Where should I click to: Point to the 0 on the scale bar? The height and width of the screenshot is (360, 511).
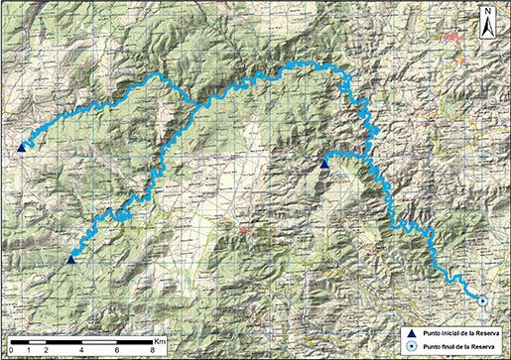click(11, 350)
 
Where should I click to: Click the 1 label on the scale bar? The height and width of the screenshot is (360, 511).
click(30, 350)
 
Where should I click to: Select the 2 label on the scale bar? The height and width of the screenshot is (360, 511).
click(48, 350)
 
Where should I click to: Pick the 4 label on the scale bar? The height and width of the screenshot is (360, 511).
click(83, 350)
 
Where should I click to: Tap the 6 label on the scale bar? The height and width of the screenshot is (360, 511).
click(120, 350)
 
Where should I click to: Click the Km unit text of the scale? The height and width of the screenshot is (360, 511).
click(161, 341)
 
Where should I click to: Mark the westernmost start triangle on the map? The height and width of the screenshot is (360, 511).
click(21, 148)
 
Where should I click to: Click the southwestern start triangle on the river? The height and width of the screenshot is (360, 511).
click(71, 259)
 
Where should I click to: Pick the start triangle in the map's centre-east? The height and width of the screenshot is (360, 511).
click(324, 164)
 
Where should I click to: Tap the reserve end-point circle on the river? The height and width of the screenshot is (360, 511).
click(482, 300)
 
